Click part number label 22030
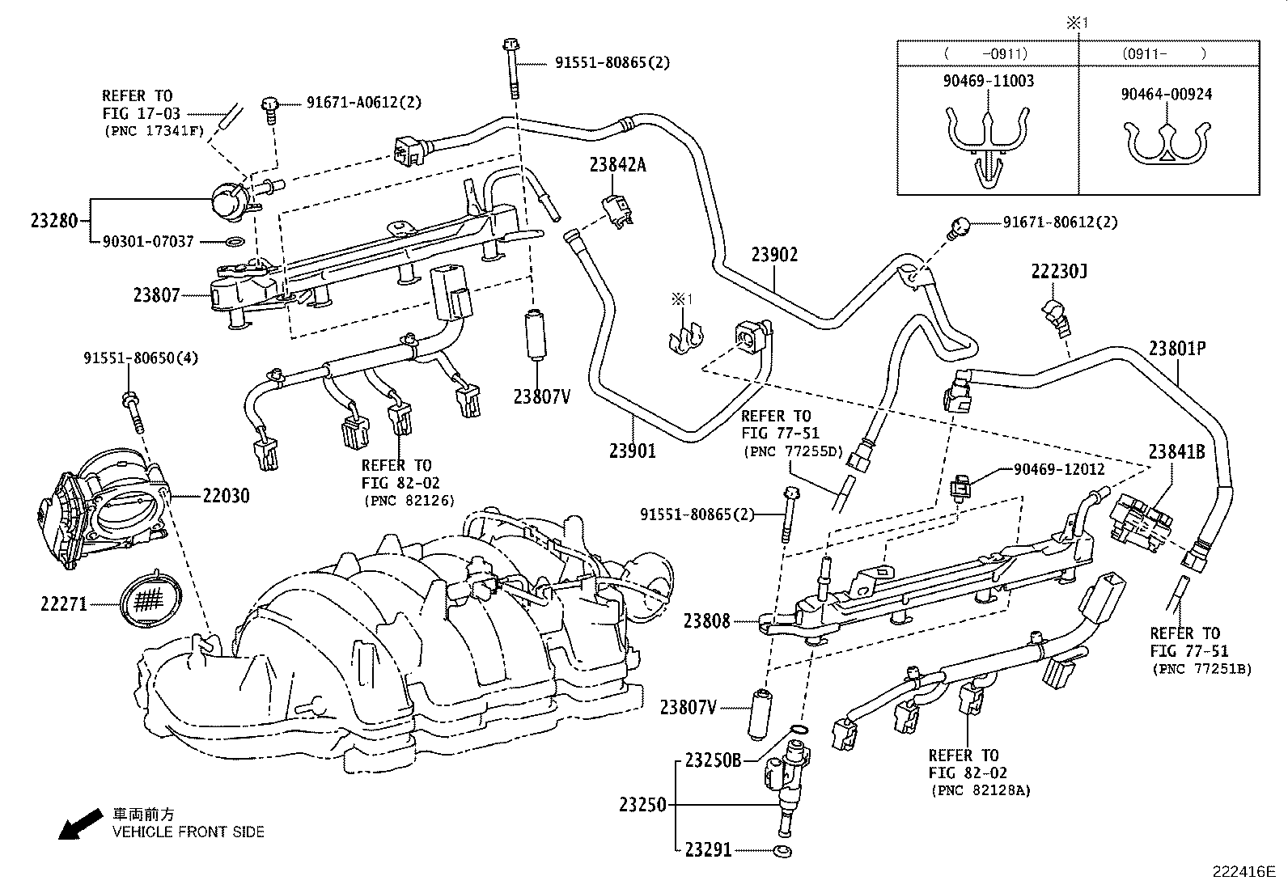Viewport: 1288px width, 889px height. (226, 496)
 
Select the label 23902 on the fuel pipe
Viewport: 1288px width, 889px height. (774, 255)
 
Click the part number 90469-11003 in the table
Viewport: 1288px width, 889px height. (988, 81)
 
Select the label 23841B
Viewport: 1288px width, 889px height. (1176, 452)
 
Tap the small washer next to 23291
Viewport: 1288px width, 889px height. (782, 851)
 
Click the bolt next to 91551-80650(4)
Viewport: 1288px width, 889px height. (133, 411)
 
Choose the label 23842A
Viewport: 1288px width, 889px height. (617, 165)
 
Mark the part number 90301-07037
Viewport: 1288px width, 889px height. (148, 241)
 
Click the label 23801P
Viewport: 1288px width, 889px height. (1177, 349)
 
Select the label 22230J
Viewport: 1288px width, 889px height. (1059, 272)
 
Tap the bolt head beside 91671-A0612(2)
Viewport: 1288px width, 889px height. (271, 104)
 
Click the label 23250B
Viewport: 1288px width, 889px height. (713, 760)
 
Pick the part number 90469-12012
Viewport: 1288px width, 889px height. (1059, 469)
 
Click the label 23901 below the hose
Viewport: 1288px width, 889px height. (632, 451)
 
